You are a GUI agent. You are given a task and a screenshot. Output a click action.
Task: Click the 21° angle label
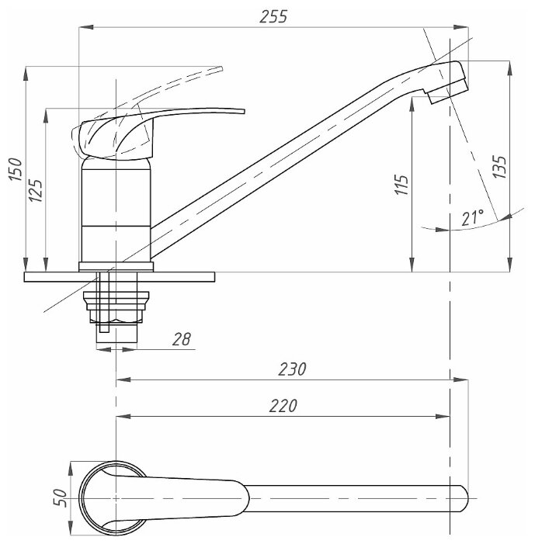471,219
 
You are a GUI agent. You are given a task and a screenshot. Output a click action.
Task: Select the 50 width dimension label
59,497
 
